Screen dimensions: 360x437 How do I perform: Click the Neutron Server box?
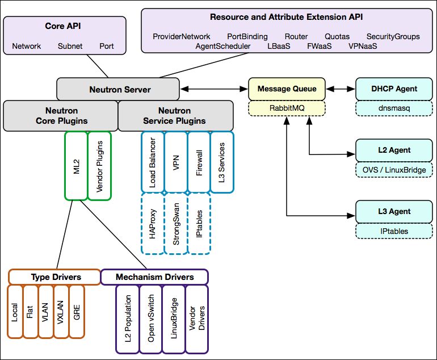click(120, 89)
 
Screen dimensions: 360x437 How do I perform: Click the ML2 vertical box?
click(76, 165)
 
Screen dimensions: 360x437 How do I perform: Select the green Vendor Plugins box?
click(99, 165)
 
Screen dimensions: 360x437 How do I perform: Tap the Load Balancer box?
click(152, 162)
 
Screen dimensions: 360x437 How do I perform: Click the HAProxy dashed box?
click(152, 223)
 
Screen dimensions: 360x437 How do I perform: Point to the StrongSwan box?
click(175, 223)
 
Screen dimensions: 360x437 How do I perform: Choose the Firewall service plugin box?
click(199, 162)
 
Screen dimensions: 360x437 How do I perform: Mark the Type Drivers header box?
click(54, 277)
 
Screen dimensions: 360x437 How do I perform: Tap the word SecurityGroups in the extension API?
click(393, 36)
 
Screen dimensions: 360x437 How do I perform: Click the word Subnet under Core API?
click(70, 46)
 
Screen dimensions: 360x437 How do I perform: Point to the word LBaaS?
click(279, 46)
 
